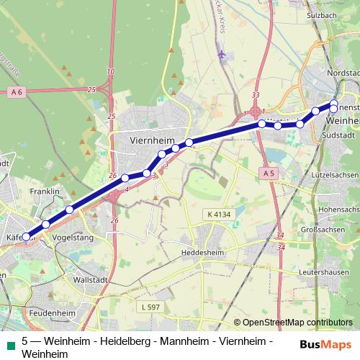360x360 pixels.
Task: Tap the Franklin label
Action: tap(44, 192)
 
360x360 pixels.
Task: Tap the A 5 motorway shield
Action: tap(269, 173)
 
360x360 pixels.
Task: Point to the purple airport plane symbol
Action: tap(221, 54)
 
